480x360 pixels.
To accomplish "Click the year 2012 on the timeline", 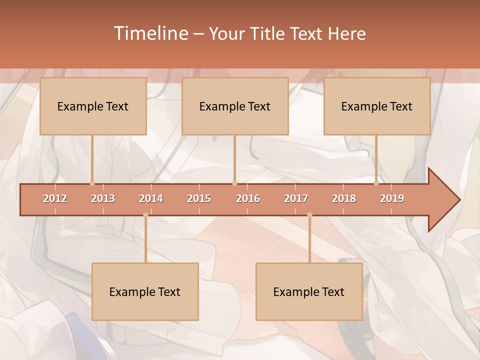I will coord(55,198).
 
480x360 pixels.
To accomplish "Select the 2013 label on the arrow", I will coord(103,198).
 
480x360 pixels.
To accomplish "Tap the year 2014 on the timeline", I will coord(151,198).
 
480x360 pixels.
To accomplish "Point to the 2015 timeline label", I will coord(199,198).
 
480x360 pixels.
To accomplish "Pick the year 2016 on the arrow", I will coord(248,198).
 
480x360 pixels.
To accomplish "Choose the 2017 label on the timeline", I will coord(296,198).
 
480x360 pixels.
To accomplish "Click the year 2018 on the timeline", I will coord(344,198).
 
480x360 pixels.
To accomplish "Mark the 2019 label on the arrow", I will coord(392,198).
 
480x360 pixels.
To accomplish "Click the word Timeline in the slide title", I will coord(149,33).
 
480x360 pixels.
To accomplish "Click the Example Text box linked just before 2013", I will coord(93,106).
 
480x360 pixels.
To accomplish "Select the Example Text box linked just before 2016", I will coord(235,106).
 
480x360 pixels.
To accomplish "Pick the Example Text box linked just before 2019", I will coord(377,106).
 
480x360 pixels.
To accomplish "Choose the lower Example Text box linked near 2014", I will coord(145,291).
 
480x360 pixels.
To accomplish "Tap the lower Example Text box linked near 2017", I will coord(309,291).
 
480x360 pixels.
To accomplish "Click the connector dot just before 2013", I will coord(92,183).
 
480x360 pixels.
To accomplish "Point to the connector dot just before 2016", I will coord(234,183).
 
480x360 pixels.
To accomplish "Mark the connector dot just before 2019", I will coord(376,183).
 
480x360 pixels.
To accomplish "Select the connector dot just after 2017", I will coord(309,215).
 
